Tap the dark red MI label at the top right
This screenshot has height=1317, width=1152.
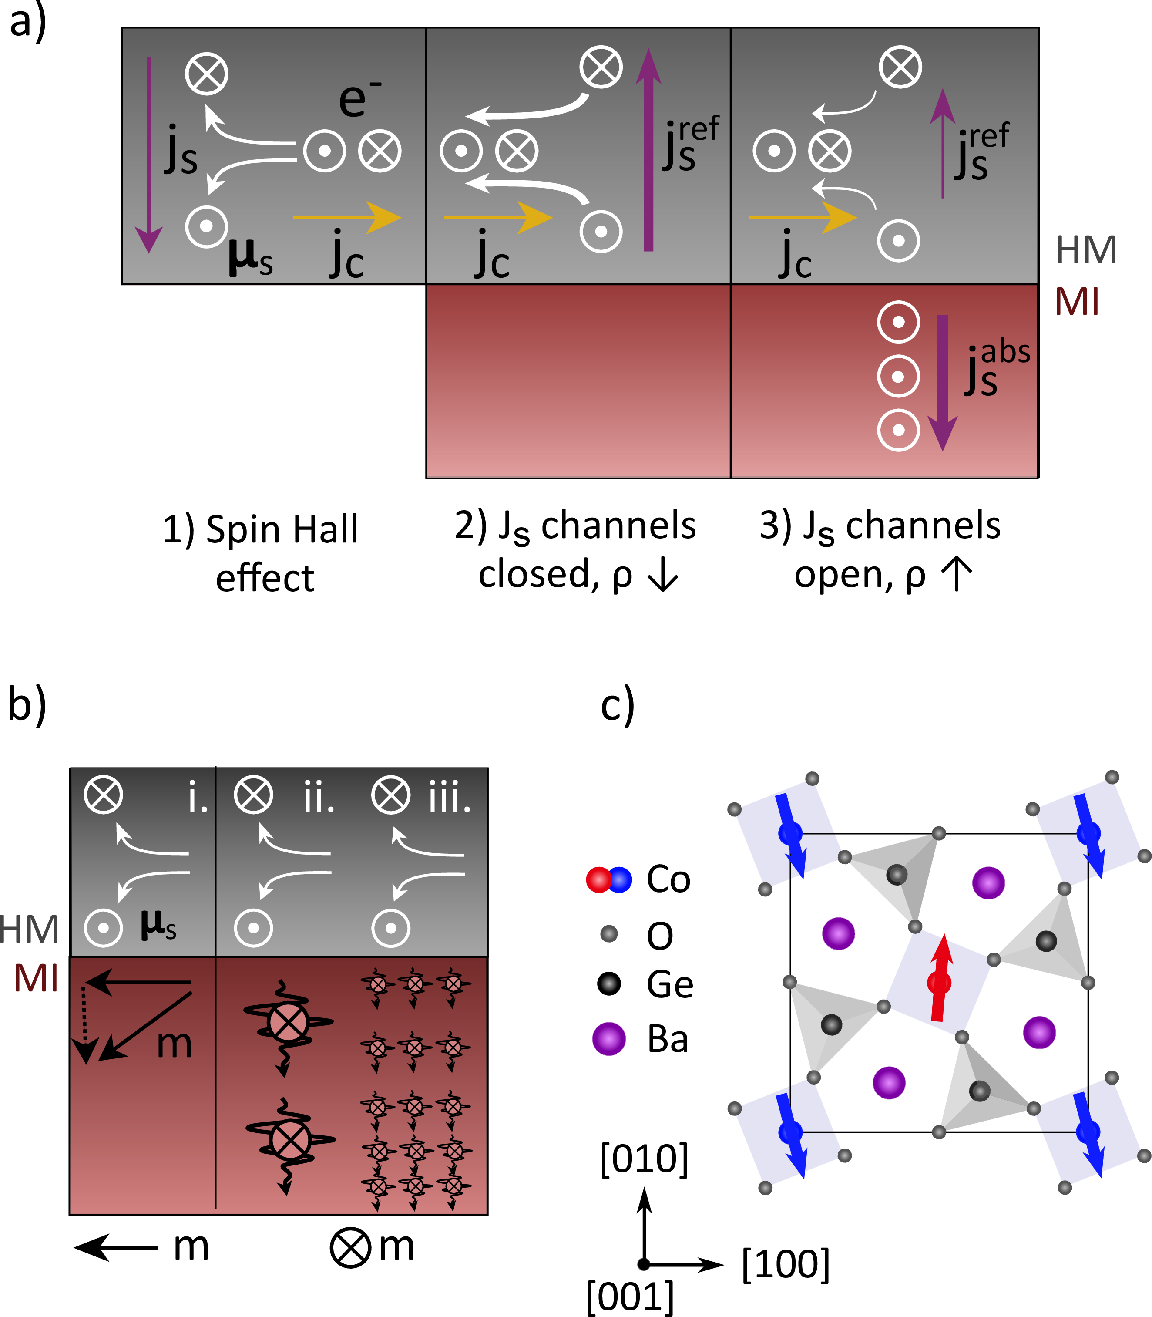[1077, 302]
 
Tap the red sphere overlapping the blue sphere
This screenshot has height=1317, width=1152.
[598, 880]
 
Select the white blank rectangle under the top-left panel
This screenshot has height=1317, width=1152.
[262, 386]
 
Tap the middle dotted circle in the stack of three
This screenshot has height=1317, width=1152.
[898, 376]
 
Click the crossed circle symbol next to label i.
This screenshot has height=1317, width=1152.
[104, 795]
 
